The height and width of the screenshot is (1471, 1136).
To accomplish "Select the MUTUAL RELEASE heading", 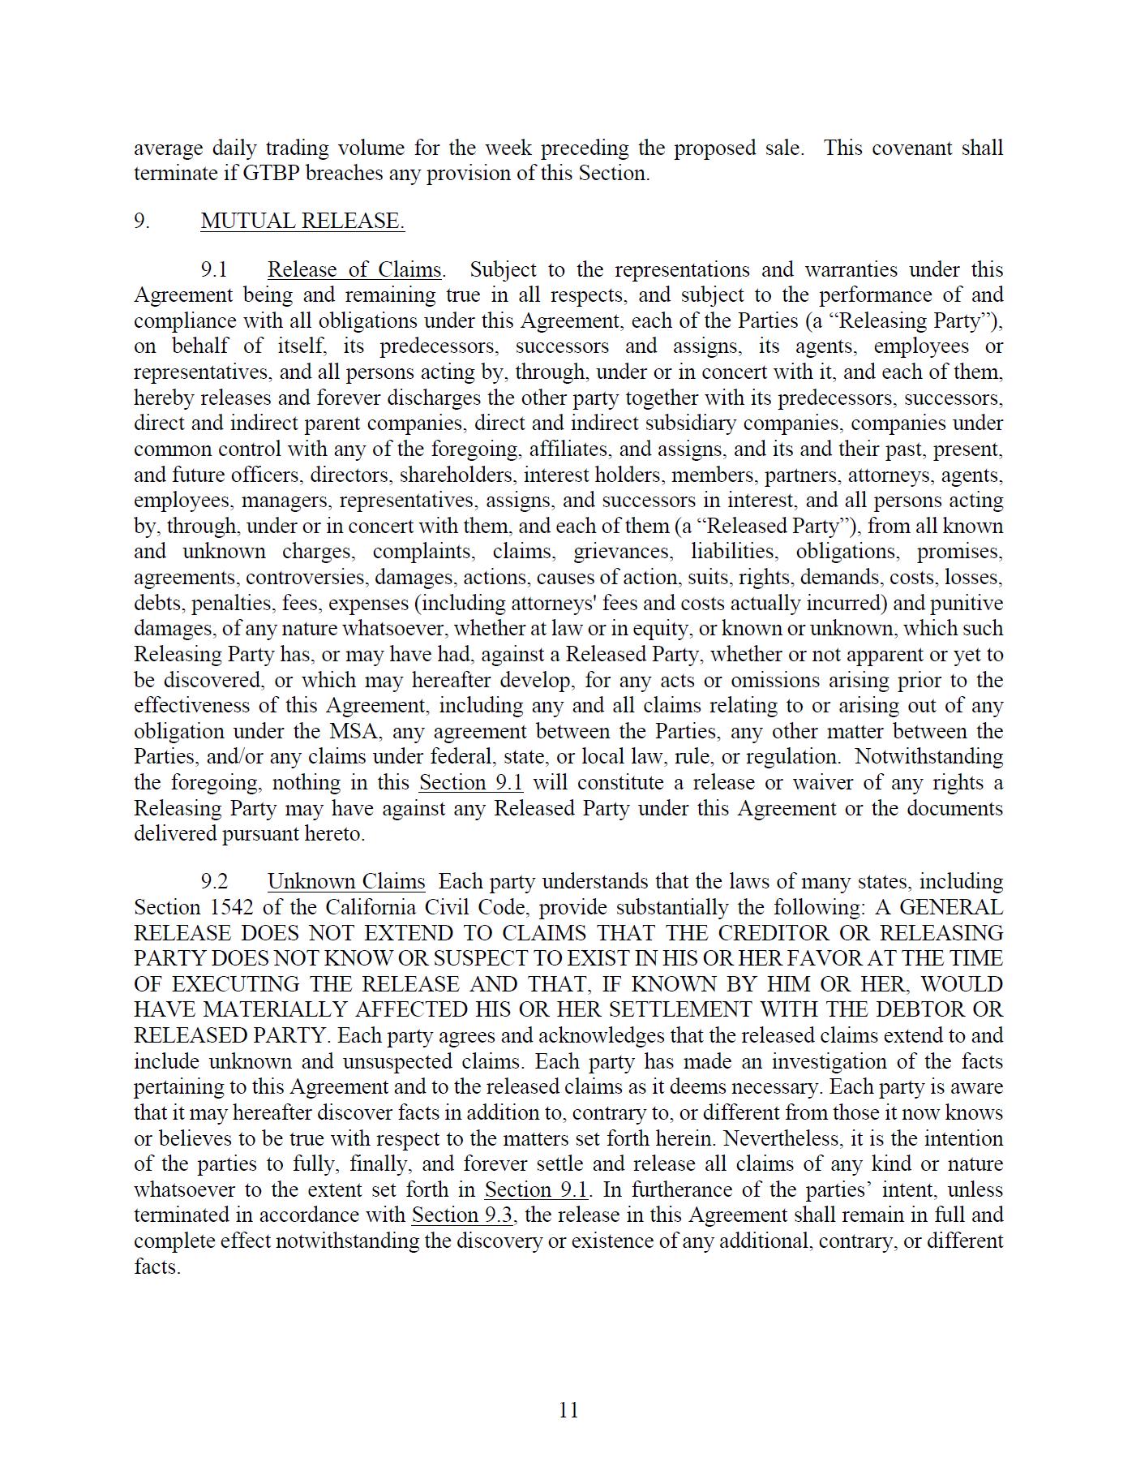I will pyautogui.click(x=302, y=222).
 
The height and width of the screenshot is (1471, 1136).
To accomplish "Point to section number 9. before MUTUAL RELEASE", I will pyautogui.click(x=142, y=222).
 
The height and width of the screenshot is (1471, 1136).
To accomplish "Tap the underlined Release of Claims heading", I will pyautogui.click(x=354, y=270).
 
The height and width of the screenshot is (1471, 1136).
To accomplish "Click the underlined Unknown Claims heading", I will pyautogui.click(x=346, y=882).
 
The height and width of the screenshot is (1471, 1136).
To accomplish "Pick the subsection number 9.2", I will pyautogui.click(x=215, y=882).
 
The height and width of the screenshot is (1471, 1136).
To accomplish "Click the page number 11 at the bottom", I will pyautogui.click(x=568, y=1410).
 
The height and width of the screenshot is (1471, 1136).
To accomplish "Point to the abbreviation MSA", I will pyautogui.click(x=356, y=731).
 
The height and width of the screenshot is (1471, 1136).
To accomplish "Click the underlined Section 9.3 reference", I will pyautogui.click(x=462, y=1215).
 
